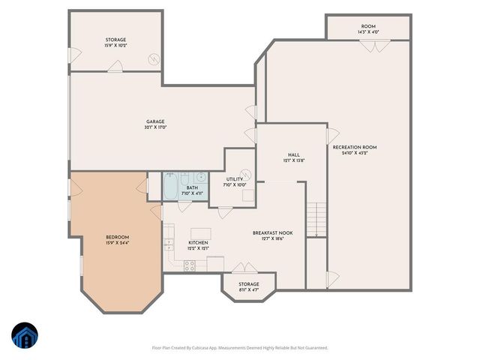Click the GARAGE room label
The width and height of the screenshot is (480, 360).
(x=155, y=121)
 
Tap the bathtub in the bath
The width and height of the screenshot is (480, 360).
(x=170, y=186)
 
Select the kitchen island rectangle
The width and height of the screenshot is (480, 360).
(x=200, y=233)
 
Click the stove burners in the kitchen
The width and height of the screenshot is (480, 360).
(x=190, y=264)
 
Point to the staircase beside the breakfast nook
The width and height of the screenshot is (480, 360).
(x=318, y=219)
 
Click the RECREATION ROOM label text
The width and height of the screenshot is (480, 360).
(x=355, y=147)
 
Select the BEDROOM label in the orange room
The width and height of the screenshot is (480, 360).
(x=117, y=237)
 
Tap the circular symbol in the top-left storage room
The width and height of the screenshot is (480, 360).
(x=154, y=58)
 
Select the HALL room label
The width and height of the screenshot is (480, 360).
(x=294, y=154)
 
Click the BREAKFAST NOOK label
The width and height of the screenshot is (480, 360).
(x=272, y=232)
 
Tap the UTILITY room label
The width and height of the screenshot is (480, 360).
(x=235, y=178)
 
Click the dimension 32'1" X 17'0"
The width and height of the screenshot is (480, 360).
(x=155, y=127)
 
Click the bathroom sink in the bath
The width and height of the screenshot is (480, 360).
(x=200, y=178)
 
